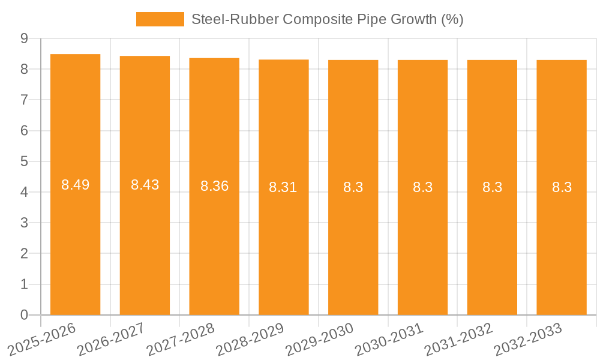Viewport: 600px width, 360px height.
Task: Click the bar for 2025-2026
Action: pos(75,240)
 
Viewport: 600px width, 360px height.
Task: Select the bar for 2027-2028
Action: pos(214,240)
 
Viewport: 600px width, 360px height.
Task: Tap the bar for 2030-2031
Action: pos(422,240)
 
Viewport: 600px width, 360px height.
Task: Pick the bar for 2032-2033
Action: pos(562,240)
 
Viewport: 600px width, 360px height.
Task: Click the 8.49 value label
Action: pos(76,185)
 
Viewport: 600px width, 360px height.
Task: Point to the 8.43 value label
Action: pos(145,185)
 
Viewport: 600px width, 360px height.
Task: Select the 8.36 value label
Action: pos(214,186)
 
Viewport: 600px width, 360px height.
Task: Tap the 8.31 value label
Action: pos(283,187)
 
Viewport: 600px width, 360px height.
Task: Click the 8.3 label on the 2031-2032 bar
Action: pos(492,187)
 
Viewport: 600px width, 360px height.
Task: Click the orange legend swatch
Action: pos(160,19)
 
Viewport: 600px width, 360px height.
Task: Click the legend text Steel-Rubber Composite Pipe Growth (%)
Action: pos(327,19)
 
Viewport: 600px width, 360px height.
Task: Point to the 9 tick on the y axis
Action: pos(24,38)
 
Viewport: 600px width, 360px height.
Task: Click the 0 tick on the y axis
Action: pos(24,315)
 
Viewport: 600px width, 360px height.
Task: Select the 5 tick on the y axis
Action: pos(24,161)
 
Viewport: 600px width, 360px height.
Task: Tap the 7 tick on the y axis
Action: pos(24,100)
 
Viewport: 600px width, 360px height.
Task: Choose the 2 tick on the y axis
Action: pos(24,254)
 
